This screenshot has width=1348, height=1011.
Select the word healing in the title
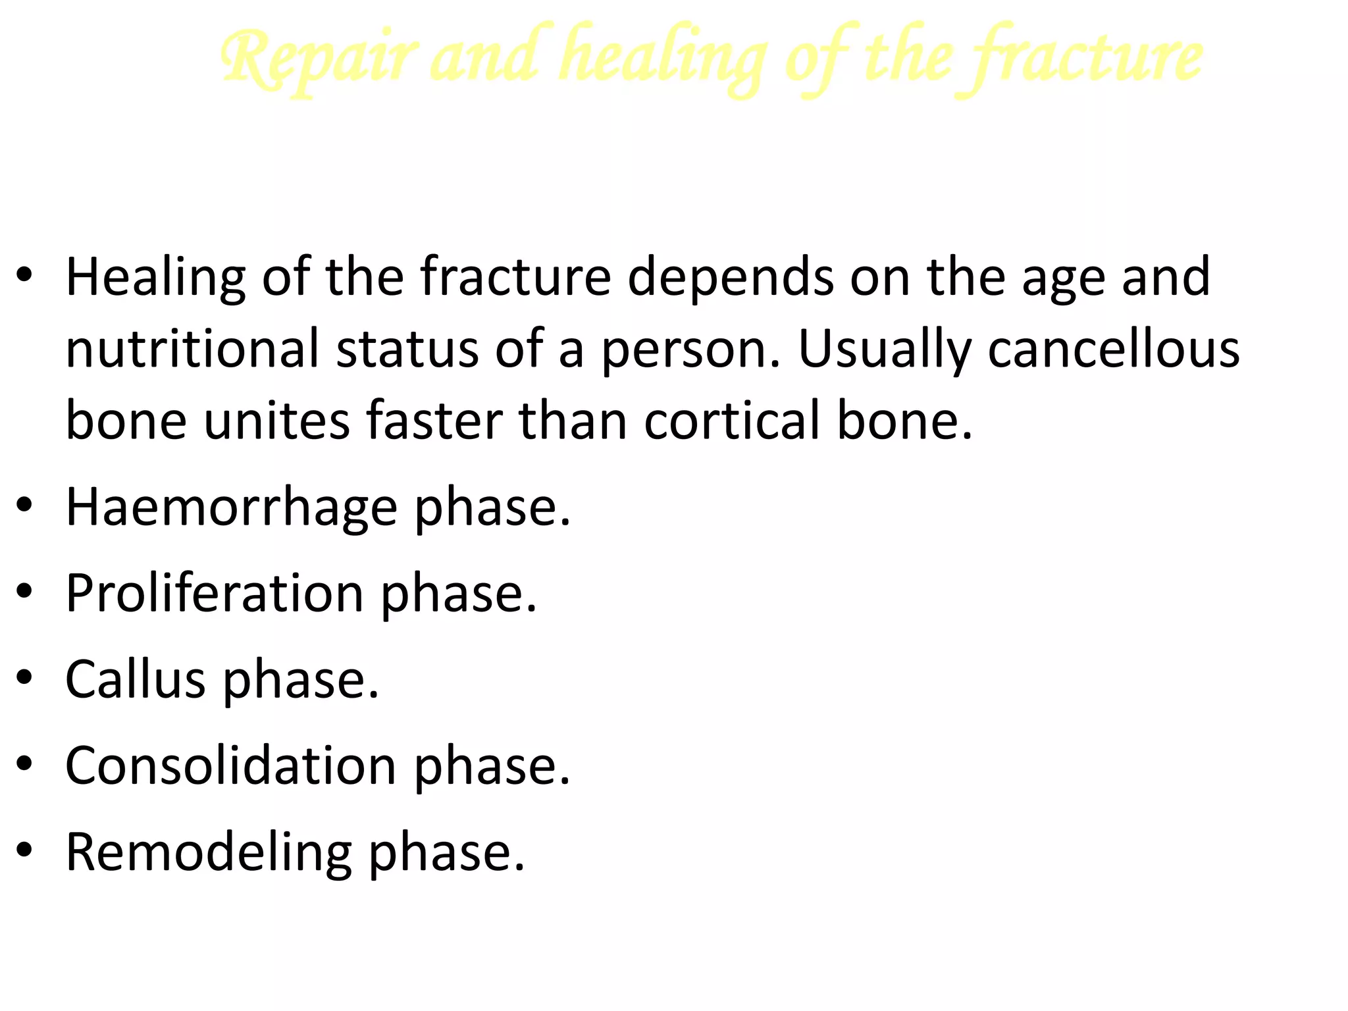pos(665,59)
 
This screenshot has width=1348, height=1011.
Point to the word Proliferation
pos(215,594)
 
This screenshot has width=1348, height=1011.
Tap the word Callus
pos(136,679)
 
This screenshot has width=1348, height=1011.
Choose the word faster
pos(434,421)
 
